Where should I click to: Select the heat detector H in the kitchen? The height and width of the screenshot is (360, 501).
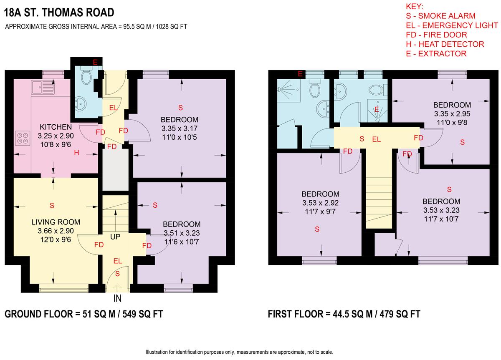click(76, 153)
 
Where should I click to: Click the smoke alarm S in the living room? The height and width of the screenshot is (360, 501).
click(52, 205)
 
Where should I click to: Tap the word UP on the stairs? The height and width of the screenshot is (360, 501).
click(115, 237)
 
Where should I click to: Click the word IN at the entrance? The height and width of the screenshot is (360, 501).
click(118, 299)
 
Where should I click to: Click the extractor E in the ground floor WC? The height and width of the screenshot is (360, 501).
click(95, 63)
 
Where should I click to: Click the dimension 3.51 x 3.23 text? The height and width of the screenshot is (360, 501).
click(182, 233)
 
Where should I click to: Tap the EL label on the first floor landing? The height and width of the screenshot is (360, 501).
click(377, 140)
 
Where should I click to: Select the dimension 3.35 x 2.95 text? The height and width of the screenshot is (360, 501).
click(452, 113)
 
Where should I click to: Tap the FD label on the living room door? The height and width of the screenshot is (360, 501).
click(99, 245)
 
